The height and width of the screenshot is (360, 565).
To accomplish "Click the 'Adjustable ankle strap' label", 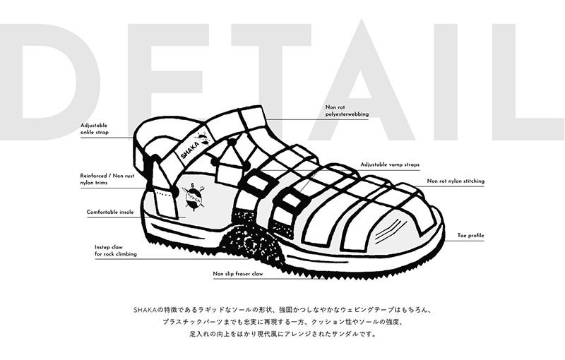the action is coord(95,129).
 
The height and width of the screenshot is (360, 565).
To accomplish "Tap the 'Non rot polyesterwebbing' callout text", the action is coord(347,111).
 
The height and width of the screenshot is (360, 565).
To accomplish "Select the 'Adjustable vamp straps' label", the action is coord(390,164).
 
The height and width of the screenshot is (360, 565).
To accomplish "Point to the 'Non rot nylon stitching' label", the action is coord(456,181).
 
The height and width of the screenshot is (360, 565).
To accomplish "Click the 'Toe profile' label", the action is coord(470,236).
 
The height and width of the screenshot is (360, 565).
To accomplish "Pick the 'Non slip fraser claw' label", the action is coord(238,274).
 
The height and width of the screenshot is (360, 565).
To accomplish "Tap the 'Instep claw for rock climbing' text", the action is coord(116,251).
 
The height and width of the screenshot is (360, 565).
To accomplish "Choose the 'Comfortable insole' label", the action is coord(110,212).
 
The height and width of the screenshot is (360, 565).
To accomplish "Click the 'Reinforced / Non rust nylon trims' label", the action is coord(107,179).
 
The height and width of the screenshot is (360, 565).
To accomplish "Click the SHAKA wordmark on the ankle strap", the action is coord(190,150).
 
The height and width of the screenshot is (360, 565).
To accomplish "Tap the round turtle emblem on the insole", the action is coord(194,196).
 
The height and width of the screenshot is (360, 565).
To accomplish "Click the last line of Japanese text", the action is coord(283,334).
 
